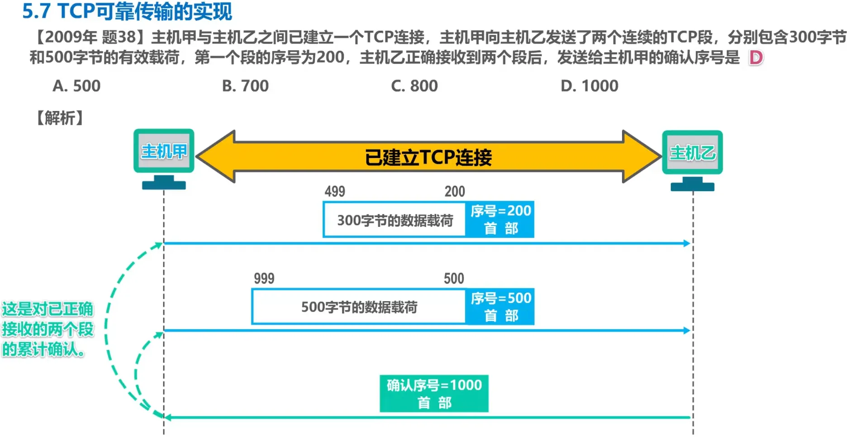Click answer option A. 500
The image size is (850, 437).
click(76, 86)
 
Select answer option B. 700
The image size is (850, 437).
click(245, 86)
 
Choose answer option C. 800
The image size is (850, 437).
click(414, 86)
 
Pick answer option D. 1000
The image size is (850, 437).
click(589, 86)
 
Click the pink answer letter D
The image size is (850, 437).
click(755, 58)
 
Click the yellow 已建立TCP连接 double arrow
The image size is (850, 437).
click(428, 157)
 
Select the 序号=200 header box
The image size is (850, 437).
click(500, 219)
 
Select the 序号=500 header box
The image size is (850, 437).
click(500, 306)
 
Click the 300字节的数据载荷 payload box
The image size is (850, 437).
click(394, 220)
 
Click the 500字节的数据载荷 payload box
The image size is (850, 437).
click(359, 307)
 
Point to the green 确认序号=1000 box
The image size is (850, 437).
click(434, 393)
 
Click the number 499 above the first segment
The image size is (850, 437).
click(335, 192)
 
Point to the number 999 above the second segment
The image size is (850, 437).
click(264, 279)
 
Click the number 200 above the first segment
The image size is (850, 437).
click(455, 192)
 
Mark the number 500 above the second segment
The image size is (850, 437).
click(454, 279)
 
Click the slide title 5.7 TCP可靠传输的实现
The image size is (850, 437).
click(127, 11)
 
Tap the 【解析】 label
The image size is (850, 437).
click(60, 118)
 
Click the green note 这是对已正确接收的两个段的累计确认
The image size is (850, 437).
click(47, 329)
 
